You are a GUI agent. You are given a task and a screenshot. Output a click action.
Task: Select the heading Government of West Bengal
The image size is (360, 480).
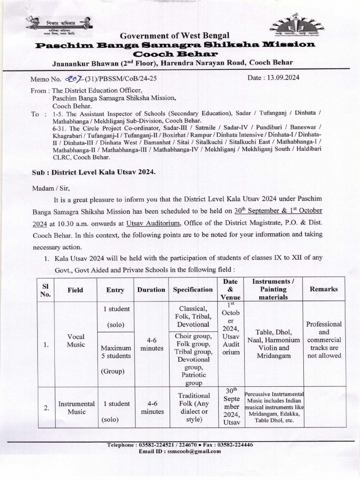click(x=172, y=36)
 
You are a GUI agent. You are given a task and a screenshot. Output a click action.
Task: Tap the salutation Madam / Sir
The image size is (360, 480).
click(x=51, y=188)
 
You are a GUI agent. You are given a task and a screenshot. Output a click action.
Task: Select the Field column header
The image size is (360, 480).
click(x=75, y=290)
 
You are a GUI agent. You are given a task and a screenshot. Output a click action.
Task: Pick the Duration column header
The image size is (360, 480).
click(x=151, y=290)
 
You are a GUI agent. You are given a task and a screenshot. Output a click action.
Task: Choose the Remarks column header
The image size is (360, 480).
click(x=323, y=289)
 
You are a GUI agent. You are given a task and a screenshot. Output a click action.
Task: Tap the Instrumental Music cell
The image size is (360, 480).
click(x=76, y=407)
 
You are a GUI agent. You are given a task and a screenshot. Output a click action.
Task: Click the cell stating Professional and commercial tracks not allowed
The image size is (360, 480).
click(x=323, y=340)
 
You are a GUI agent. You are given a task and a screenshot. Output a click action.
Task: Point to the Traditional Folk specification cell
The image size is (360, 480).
click(x=194, y=407)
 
